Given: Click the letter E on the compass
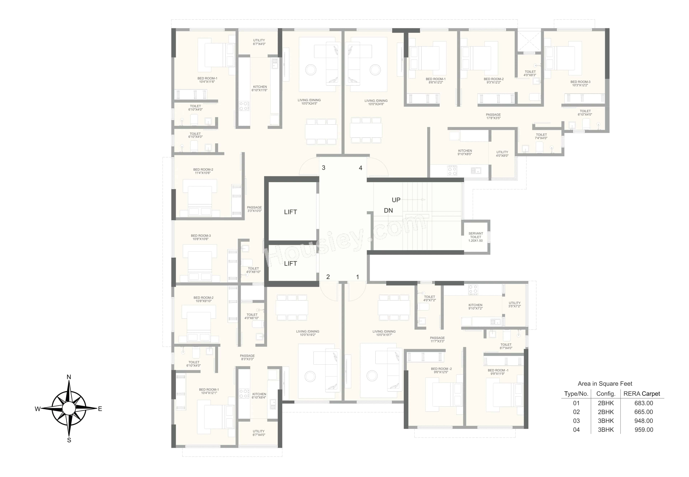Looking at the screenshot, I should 100,409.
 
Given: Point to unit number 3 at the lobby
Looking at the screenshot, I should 324,168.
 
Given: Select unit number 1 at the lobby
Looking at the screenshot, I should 357,277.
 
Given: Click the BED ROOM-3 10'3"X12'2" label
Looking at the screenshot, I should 580,83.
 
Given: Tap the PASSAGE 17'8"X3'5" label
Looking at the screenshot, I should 493,116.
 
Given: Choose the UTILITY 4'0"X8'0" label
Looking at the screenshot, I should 502,154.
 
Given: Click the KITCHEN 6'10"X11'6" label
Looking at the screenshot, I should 260,88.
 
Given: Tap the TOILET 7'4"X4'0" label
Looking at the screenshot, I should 541,136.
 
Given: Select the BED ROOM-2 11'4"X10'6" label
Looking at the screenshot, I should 203,171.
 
